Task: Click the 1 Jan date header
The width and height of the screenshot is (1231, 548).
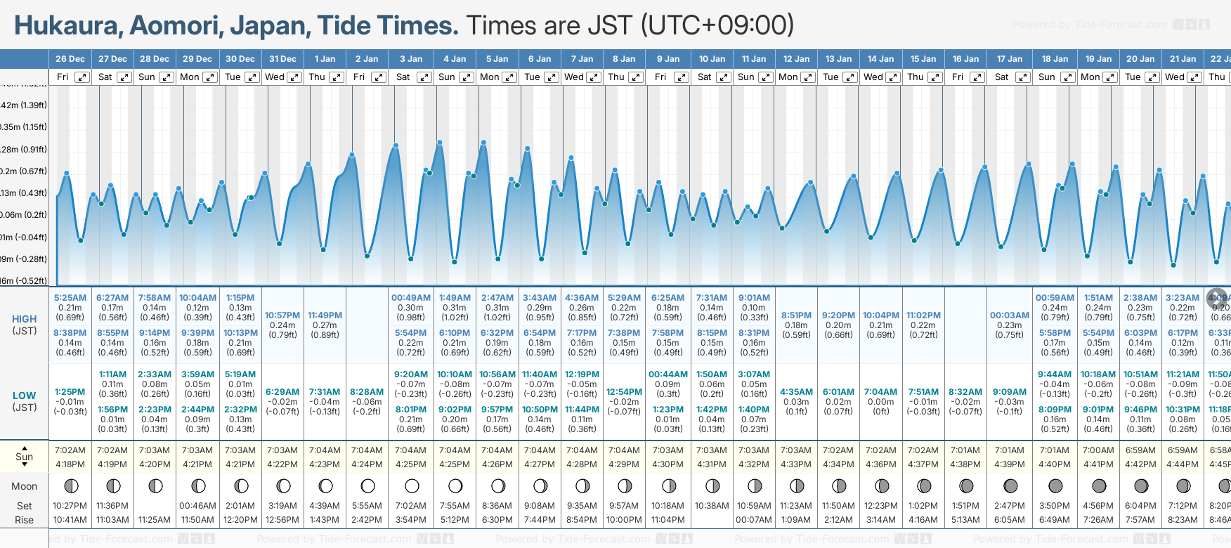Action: point(325,59)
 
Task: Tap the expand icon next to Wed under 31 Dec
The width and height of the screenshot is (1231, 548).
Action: point(294,77)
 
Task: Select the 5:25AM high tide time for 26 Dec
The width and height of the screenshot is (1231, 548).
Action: point(70,298)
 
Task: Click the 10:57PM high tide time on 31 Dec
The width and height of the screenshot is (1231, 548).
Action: point(282,315)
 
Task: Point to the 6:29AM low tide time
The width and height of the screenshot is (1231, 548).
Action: point(282,392)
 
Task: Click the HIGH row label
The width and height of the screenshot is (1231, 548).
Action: point(24,319)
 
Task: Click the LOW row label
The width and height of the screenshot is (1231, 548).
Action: point(24,396)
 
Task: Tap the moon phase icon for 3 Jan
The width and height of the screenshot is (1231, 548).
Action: point(412,485)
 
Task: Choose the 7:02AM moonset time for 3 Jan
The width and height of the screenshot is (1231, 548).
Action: point(410,506)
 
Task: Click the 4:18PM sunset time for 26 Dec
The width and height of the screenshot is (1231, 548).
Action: point(70,464)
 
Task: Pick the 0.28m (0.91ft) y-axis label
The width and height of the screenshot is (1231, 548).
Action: point(24,149)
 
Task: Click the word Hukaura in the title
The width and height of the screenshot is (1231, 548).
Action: point(67,26)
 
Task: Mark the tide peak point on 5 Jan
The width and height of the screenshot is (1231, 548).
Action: point(484,143)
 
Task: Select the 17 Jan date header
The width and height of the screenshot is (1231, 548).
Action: point(1009,59)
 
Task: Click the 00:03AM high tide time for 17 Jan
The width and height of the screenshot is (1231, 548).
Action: point(1009,315)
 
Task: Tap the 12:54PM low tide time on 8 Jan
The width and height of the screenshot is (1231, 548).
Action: point(624,392)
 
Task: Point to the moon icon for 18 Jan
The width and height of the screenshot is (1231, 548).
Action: point(1055,485)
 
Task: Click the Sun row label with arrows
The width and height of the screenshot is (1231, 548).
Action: point(24,457)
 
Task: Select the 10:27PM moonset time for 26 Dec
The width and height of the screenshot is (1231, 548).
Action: point(70,506)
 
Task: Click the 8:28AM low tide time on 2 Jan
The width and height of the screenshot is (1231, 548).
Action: point(367,392)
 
